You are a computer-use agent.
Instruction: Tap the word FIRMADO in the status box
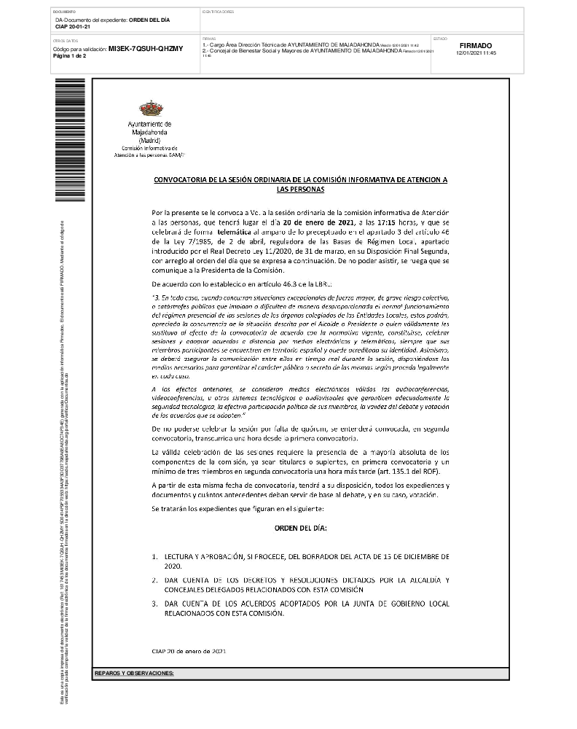[476, 45]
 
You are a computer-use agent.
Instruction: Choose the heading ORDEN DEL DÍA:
[300, 526]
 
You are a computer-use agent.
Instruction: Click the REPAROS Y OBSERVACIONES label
[134, 673]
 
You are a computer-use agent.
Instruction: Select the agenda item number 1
[154, 556]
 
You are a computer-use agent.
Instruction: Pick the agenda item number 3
[154, 604]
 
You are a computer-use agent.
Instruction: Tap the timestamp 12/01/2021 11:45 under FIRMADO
[476, 53]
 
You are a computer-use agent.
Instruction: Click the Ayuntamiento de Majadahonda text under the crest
[150, 129]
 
